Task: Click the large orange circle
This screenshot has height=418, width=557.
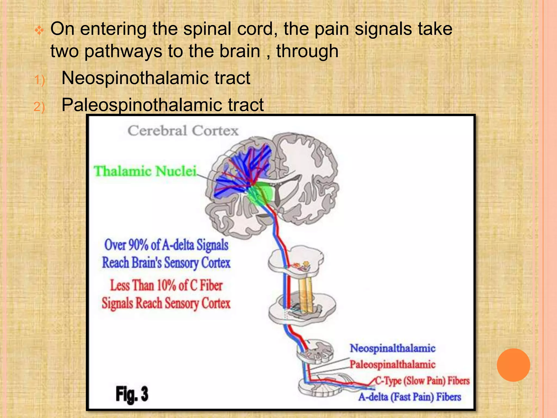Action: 513,365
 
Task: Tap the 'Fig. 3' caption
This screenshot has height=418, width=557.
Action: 132,394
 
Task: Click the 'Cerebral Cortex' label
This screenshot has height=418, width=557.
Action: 183,131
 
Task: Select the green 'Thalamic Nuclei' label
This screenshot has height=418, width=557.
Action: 145,171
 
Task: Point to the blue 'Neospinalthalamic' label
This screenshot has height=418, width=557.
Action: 392,348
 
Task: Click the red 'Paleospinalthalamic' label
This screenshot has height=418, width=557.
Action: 392,364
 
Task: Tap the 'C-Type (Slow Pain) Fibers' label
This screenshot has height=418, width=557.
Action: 422,381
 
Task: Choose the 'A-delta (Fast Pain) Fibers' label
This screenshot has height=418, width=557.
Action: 410,397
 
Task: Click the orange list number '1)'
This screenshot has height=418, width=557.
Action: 39,80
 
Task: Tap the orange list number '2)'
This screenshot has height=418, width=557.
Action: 39,106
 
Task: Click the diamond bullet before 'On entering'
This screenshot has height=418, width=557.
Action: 39,30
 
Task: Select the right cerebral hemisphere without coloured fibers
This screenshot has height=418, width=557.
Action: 310,177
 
